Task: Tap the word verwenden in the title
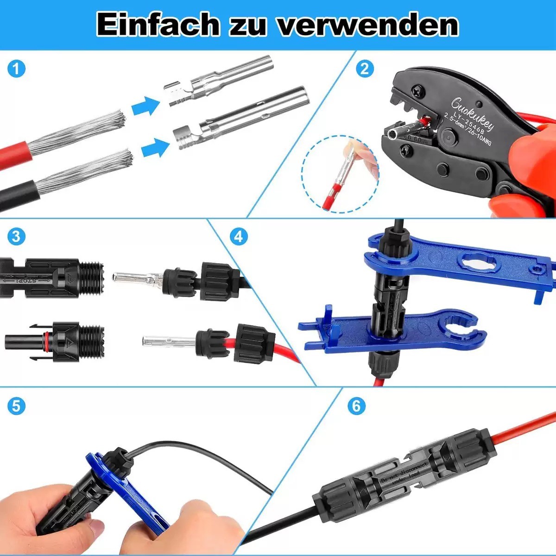(x=368, y=25)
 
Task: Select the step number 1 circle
(x=16, y=69)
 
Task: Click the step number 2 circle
(x=365, y=69)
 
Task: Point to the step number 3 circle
(x=16, y=237)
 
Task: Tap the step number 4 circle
(x=238, y=237)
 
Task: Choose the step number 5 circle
(x=16, y=406)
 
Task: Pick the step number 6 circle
(x=356, y=406)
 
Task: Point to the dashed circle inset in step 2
(x=341, y=174)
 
